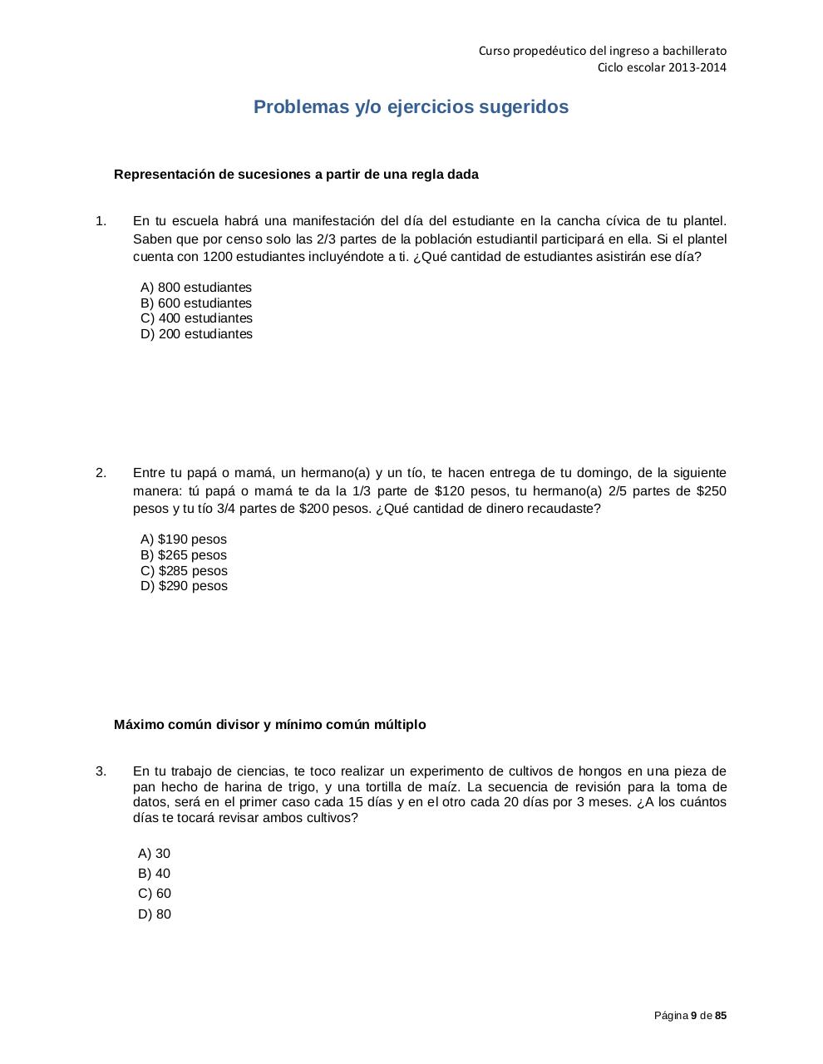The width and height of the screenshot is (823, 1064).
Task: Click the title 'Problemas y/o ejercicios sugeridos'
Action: tap(411, 107)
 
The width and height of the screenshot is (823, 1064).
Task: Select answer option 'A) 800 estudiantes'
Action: tap(196, 288)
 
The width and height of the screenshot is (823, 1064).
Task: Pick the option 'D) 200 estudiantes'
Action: tap(196, 334)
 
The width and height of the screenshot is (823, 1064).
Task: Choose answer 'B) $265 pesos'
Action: tap(184, 555)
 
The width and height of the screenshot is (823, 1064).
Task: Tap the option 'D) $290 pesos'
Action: tap(184, 586)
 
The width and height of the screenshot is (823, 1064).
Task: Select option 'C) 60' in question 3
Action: tap(155, 894)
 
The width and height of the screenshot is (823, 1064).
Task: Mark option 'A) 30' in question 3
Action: tap(154, 854)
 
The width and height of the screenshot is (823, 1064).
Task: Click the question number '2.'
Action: tap(101, 473)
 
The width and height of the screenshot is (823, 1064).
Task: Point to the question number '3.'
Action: tap(101, 771)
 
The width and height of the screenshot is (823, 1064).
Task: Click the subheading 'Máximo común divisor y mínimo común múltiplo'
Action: tap(270, 725)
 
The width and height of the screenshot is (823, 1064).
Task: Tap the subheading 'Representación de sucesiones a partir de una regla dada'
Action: tap(296, 175)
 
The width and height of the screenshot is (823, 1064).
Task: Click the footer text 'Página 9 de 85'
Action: tap(690, 1016)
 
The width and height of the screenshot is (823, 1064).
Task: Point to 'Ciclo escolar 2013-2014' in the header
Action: tap(662, 67)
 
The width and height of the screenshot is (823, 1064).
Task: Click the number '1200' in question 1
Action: tap(217, 257)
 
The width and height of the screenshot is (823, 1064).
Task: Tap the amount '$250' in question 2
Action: tap(711, 490)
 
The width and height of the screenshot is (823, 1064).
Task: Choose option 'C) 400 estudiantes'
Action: tap(196, 318)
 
